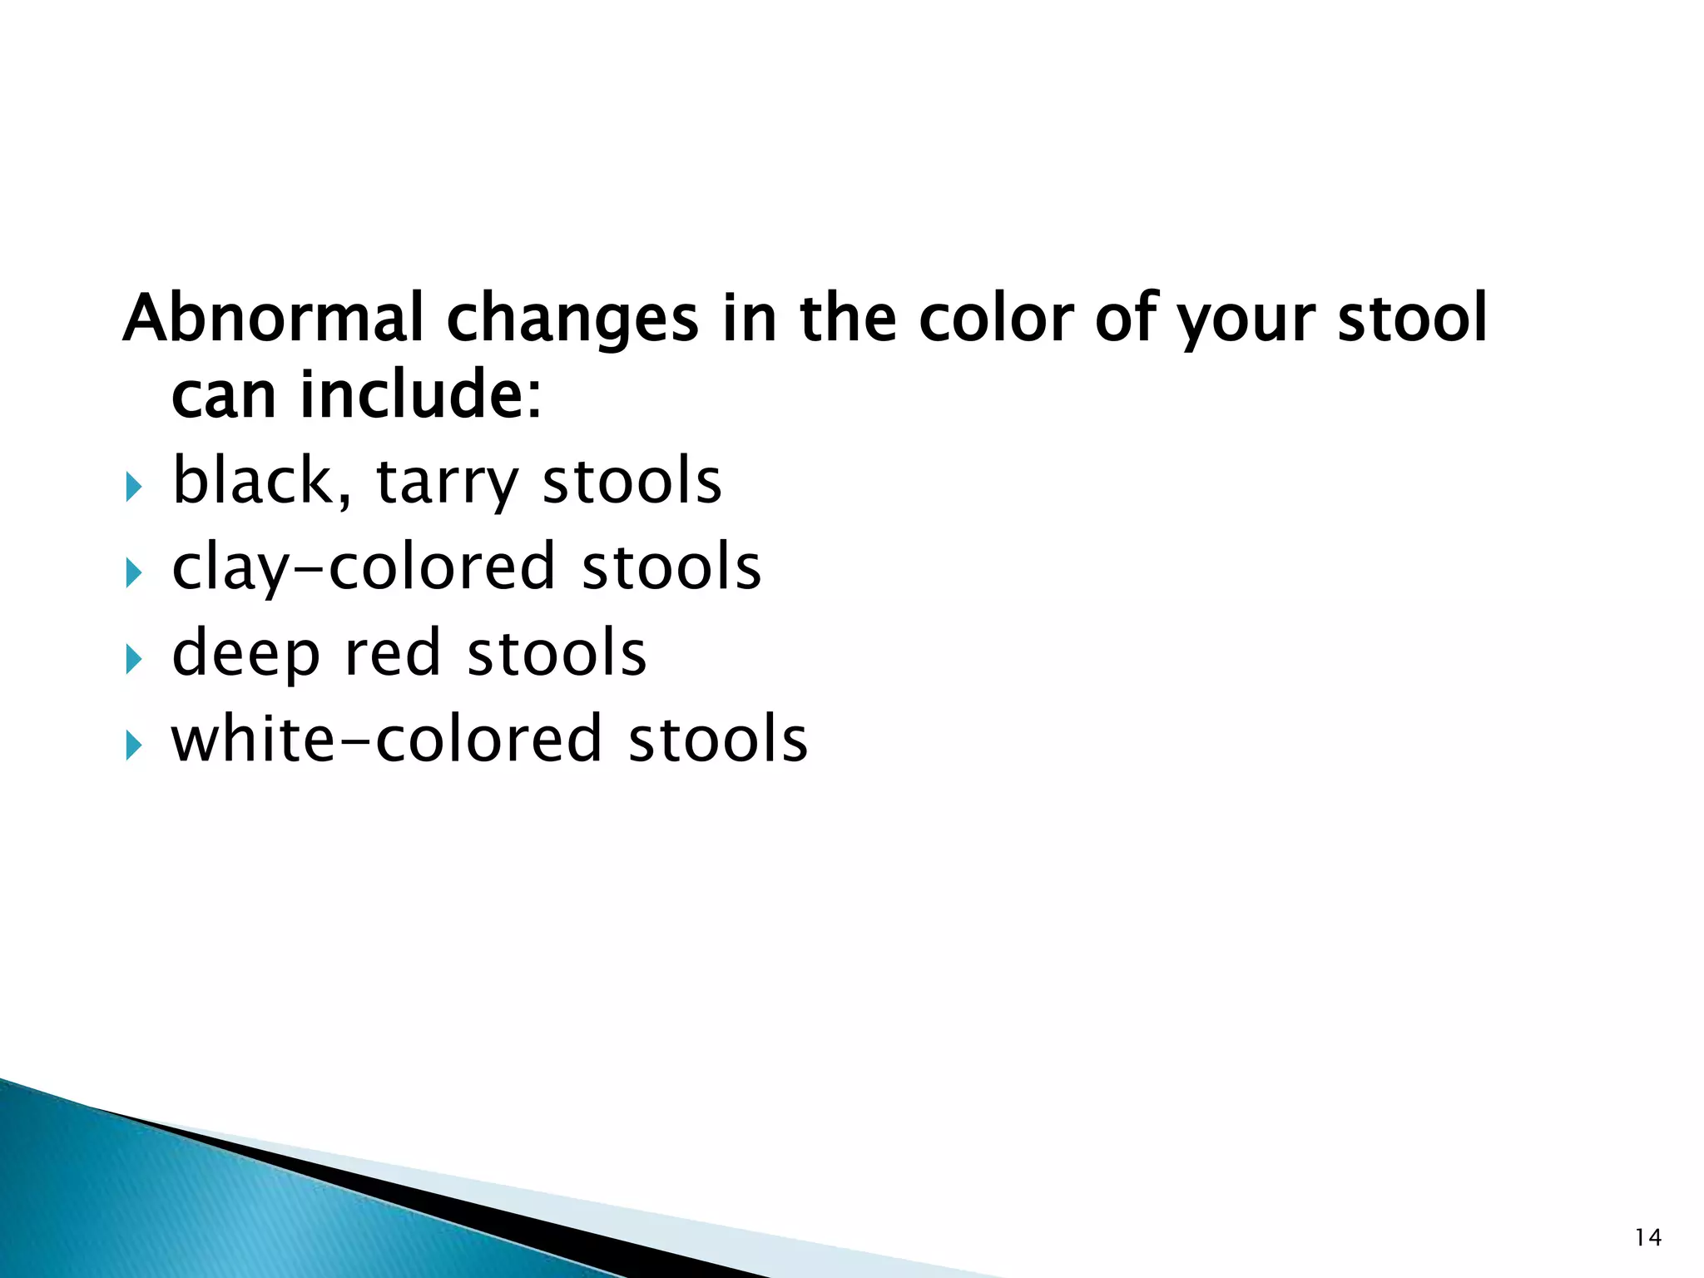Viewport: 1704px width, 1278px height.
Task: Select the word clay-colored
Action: point(363,567)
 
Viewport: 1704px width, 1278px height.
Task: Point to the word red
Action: point(391,652)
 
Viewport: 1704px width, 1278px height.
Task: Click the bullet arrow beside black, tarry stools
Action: point(134,487)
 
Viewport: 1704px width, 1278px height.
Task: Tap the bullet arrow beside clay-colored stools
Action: point(134,572)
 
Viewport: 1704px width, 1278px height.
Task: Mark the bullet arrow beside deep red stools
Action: point(134,659)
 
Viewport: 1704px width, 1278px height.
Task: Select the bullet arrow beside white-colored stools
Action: point(134,745)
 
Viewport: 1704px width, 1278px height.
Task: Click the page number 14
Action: point(1647,1237)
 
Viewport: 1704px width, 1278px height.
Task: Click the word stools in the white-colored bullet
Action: point(717,739)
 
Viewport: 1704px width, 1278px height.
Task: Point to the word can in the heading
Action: point(223,397)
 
